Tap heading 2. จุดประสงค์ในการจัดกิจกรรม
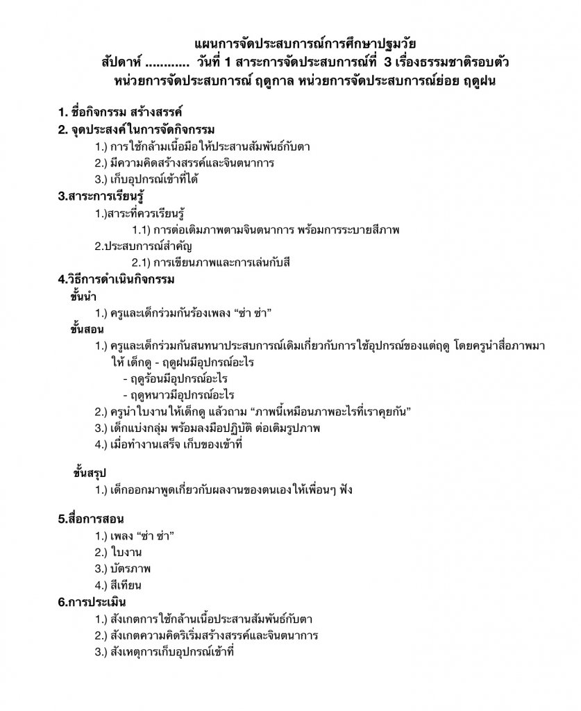point(136,130)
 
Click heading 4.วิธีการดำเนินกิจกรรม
point(117,280)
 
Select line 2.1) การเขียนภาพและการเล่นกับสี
point(210,263)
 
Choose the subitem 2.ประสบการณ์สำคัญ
point(144,246)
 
